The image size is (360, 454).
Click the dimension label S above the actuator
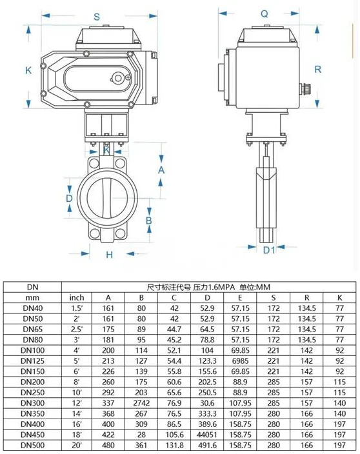tap(97, 17)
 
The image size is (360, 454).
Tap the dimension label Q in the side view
tap(265, 14)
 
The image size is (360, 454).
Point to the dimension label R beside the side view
tap(317, 69)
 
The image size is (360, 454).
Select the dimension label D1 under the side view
tap(269, 250)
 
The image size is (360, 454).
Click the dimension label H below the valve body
tap(109, 255)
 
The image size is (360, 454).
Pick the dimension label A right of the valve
tap(161, 170)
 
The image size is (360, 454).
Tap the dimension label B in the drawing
tap(149, 221)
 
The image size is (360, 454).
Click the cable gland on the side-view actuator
tap(306, 88)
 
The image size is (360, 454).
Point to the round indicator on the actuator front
tap(118, 78)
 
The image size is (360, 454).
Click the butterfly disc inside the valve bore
tap(107, 198)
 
